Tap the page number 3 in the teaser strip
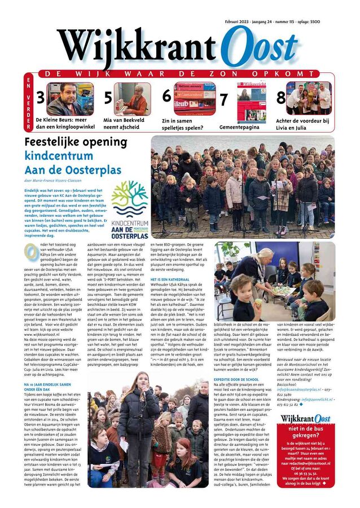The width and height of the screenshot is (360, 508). [x=40, y=98]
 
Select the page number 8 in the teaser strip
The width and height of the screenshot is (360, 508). [x=280, y=98]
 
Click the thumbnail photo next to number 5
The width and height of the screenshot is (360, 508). [x=132, y=99]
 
